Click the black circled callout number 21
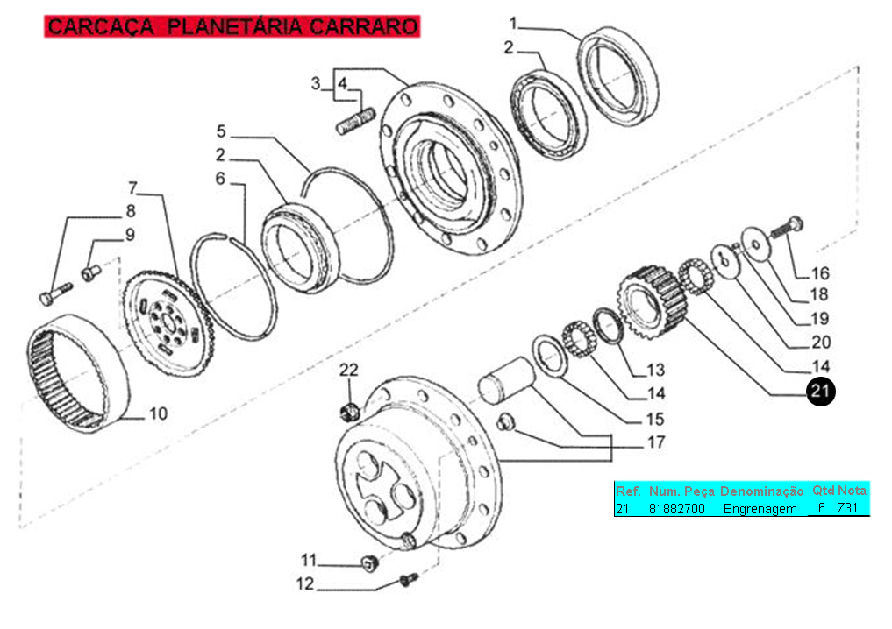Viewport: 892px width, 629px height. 820,390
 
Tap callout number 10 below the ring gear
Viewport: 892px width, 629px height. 157,413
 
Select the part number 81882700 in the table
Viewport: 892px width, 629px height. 676,508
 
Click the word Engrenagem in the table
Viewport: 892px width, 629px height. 760,508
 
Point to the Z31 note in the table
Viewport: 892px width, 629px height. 848,508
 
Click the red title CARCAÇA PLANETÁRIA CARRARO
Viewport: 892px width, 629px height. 232,26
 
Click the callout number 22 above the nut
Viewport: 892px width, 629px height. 349,371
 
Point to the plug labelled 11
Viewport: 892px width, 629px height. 368,562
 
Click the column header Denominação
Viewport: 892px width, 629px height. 761,491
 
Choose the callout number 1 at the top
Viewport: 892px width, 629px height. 514,21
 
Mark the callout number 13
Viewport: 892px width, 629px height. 655,370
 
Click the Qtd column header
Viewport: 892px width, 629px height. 823,491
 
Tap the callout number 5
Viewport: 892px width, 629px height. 221,131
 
